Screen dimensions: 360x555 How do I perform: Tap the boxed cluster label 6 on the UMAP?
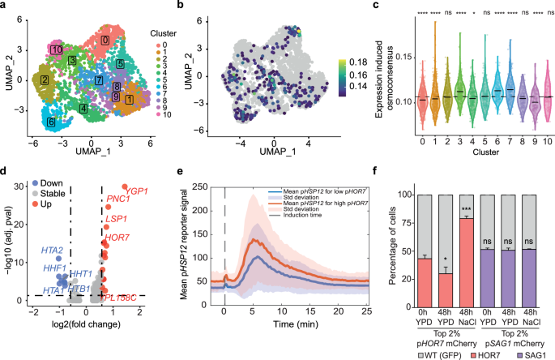coord(51,122)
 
